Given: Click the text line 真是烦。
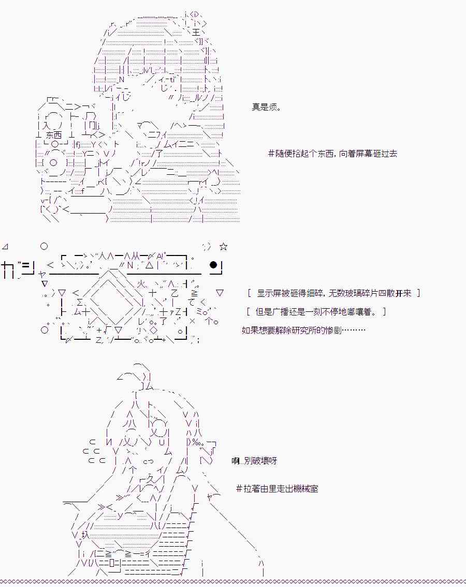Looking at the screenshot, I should click(267, 108).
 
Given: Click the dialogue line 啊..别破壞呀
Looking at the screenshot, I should click(254, 460).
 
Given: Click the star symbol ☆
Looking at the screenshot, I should click(223, 247).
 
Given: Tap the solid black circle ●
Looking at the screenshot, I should click(213, 265).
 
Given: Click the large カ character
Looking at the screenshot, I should click(7, 269).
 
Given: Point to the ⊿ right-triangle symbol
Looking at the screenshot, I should click(5, 246).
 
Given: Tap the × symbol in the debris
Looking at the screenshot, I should click(193, 321).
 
